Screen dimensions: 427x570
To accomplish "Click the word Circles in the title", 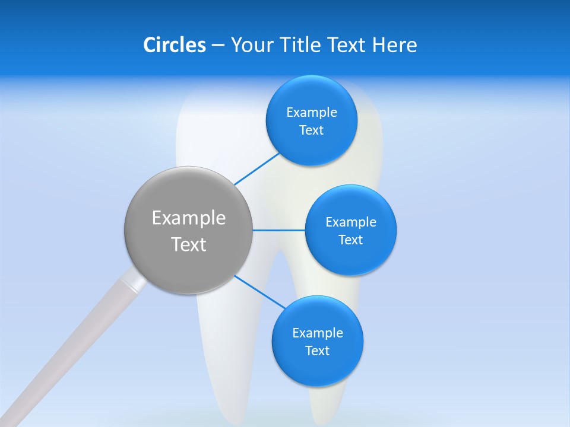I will click(175, 44).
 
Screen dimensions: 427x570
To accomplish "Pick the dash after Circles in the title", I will click(218, 45).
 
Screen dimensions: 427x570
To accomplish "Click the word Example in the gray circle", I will click(189, 218).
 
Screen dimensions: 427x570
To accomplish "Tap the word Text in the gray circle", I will click(189, 244).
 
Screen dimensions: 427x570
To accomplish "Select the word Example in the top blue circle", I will click(312, 112).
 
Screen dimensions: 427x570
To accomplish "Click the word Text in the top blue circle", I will click(311, 130).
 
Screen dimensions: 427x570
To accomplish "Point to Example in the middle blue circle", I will click(351, 222).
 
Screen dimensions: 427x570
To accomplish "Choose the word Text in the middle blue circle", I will click(350, 240).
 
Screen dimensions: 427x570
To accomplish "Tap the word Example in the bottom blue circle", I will click(318, 333).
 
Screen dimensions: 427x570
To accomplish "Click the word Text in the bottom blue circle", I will click(317, 350).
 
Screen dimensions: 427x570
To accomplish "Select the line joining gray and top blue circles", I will click(256, 169).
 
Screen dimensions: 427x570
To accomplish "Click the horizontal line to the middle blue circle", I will click(278, 230).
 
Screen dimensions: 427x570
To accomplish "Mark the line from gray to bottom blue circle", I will click(260, 292).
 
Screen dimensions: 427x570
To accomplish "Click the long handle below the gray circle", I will click(65, 356).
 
